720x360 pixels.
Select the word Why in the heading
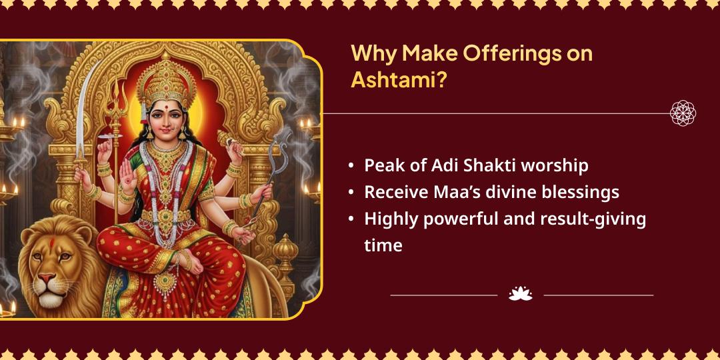click(x=373, y=53)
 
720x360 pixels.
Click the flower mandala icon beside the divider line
click(x=683, y=113)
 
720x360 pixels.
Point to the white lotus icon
click(x=520, y=293)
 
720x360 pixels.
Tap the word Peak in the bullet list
click(x=383, y=165)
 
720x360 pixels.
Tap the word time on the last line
click(x=383, y=245)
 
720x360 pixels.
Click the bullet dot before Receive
click(x=351, y=193)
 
